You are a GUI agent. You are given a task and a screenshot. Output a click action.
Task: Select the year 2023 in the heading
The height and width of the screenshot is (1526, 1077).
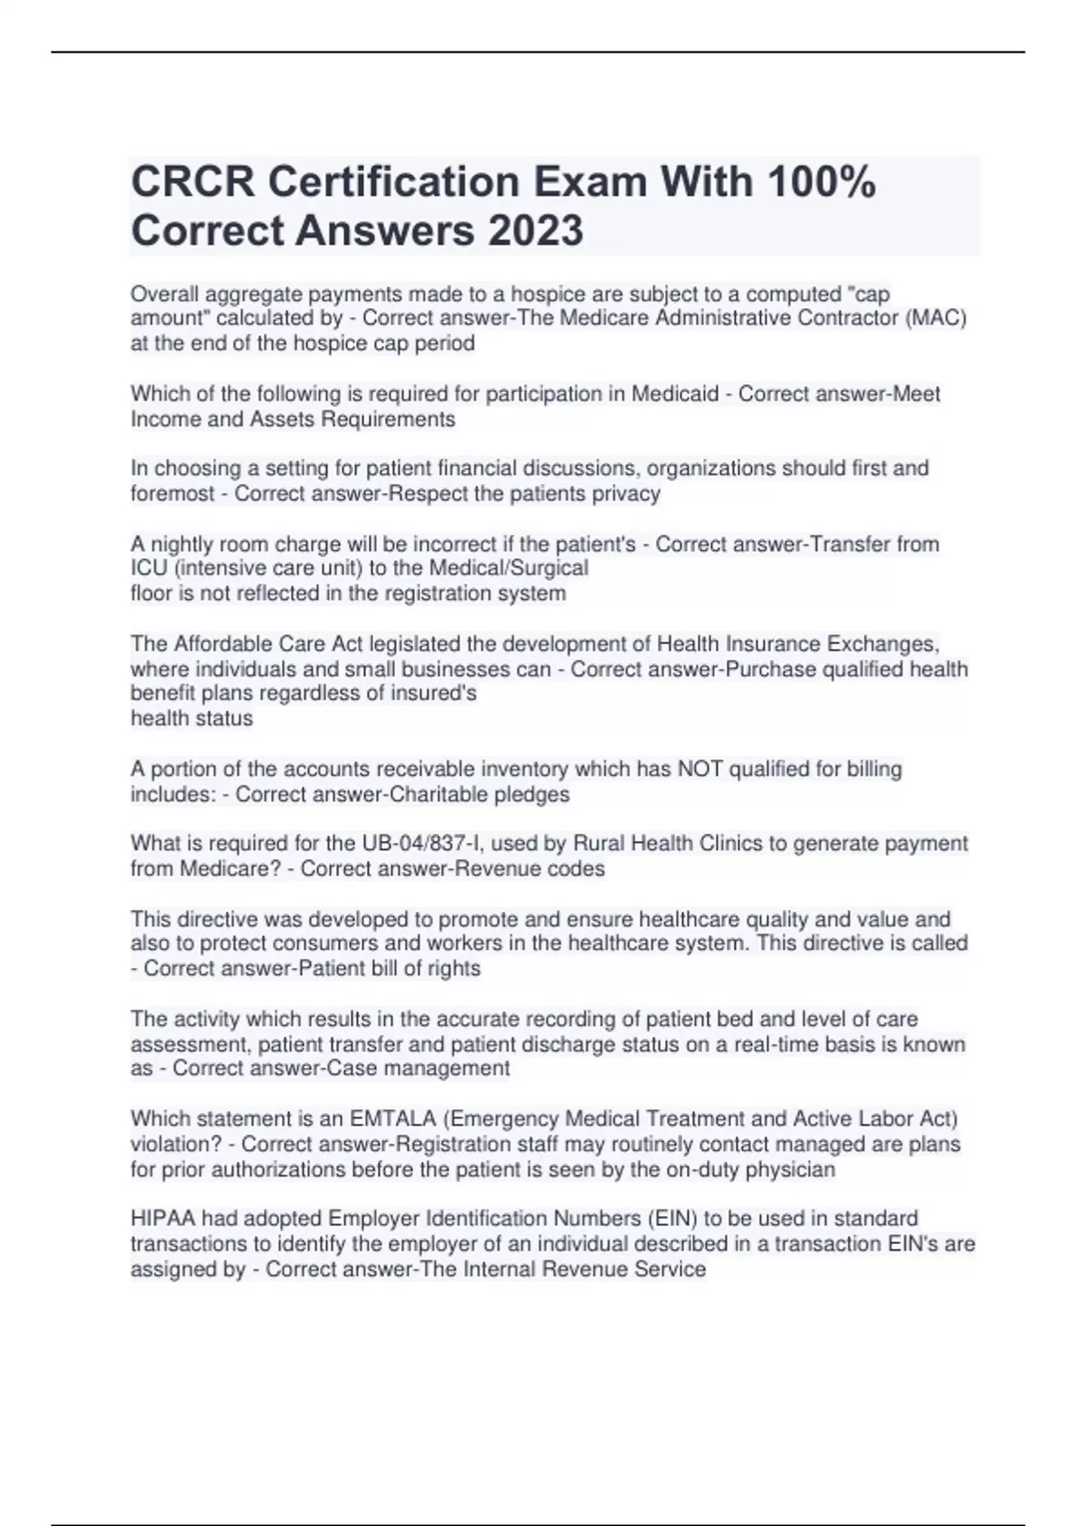[536, 230]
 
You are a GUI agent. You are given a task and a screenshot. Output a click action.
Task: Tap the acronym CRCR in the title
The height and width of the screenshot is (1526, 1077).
[192, 182]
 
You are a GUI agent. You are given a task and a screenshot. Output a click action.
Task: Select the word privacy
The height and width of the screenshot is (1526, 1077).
[626, 494]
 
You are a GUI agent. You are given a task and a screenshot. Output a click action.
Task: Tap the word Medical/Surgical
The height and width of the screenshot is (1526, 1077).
[509, 568]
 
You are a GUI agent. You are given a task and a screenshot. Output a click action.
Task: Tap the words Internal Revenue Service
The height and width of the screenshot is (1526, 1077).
[584, 1269]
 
